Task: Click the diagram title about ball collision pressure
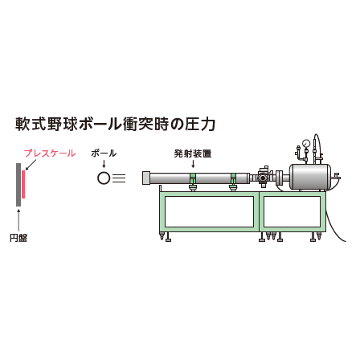[115, 125]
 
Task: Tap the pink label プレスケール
[50, 153]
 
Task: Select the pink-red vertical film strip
[23, 184]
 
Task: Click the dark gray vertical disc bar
[18, 185]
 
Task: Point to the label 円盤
[18, 238]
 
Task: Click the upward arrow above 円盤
[18, 220]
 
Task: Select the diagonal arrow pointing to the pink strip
[31, 165]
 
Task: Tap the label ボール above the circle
[104, 153]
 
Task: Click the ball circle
[104, 178]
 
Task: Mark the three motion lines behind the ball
[119, 178]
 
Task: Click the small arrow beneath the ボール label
[104, 163]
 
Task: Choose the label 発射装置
[193, 153]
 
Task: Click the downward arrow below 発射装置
[193, 164]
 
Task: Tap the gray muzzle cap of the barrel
[146, 178]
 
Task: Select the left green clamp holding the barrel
[193, 182]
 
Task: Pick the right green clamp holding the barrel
[233, 182]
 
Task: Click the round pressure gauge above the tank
[306, 144]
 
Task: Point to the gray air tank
[309, 177]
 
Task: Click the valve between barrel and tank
[263, 177]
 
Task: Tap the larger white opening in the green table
[209, 212]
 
